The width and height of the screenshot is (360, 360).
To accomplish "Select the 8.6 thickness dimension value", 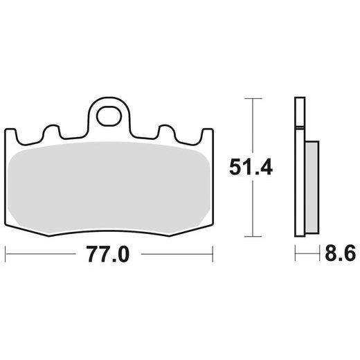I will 339,255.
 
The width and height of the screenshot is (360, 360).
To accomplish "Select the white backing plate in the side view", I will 299,180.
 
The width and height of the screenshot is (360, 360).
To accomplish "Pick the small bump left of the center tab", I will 51,131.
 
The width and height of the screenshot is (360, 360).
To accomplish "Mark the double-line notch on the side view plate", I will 298,127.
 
